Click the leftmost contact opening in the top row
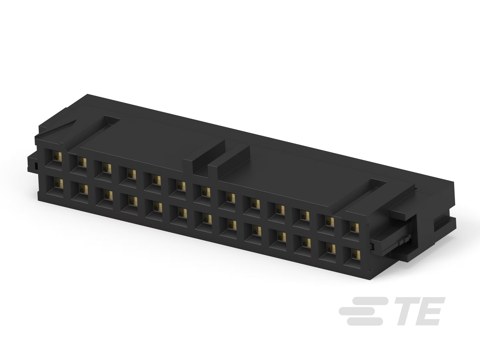pos(53,159)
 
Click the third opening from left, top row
pos(103,171)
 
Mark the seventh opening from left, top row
pos(202,193)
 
